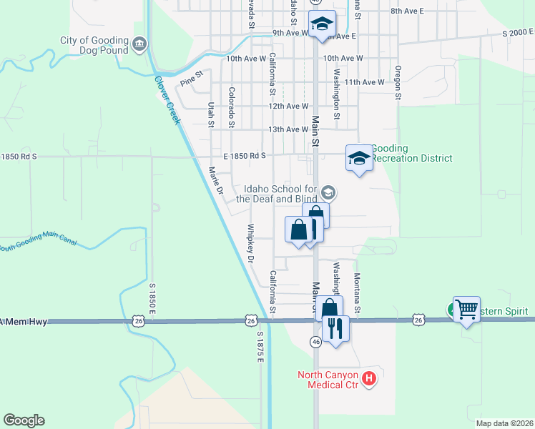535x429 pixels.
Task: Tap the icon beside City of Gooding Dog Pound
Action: [140, 44]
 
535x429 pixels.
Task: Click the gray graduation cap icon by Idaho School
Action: [329, 192]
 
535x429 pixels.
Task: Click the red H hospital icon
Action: [369, 378]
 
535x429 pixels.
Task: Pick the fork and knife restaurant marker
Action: [335, 329]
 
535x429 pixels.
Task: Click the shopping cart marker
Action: [466, 310]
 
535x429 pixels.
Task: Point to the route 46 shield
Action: [315, 342]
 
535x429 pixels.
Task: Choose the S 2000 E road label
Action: [518, 33]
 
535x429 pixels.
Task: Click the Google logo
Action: [24, 420]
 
